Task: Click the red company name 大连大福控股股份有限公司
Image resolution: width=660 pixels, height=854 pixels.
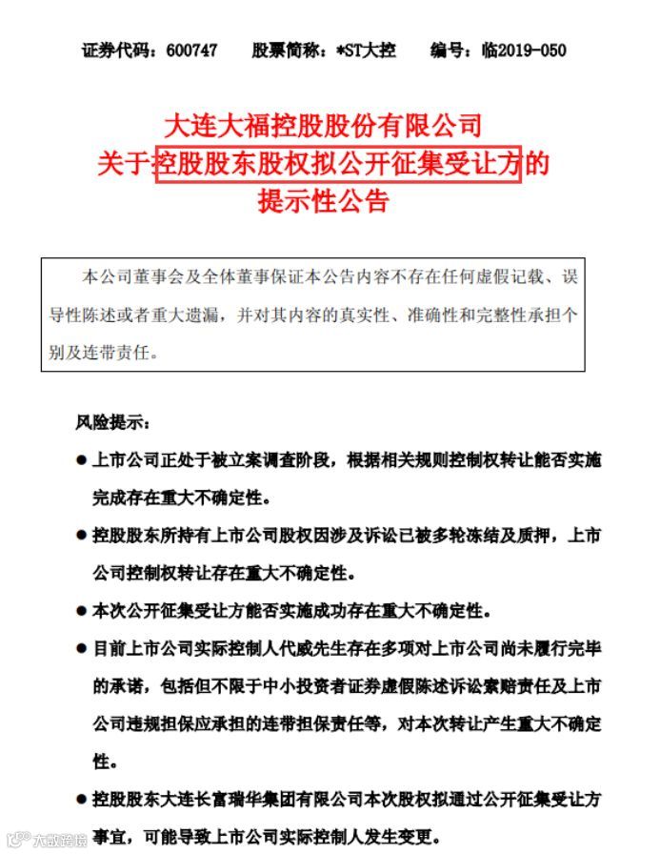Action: [324, 125]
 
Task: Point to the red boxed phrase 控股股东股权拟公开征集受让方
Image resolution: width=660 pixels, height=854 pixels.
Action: [339, 164]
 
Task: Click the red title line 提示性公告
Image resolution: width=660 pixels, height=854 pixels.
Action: [324, 202]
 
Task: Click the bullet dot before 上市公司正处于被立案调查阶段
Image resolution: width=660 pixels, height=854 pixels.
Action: [81, 460]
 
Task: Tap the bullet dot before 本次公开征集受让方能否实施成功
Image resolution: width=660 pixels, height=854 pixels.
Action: [81, 609]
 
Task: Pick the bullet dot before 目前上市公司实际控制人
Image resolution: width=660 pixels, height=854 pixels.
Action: [81, 649]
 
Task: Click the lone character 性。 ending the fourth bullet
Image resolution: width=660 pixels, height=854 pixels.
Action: [99, 762]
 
